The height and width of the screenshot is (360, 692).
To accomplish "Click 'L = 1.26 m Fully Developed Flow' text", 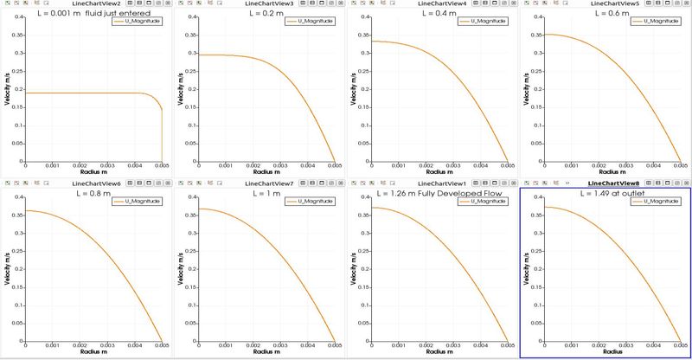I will coord(435,194).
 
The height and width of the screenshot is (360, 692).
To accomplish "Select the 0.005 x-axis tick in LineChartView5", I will coord(681,166).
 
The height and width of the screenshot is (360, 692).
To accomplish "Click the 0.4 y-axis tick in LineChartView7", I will coord(189,198).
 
